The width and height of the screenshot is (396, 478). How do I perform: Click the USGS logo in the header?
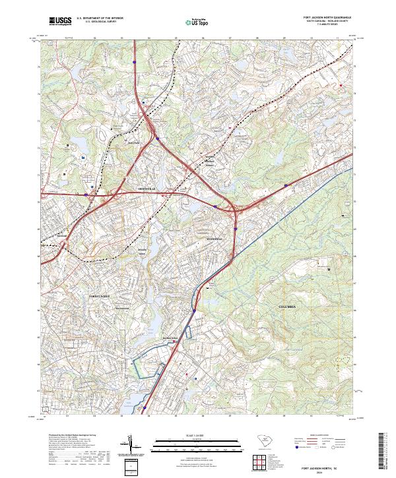click(x=60, y=21)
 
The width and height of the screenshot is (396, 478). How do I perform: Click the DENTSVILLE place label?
click(x=147, y=189)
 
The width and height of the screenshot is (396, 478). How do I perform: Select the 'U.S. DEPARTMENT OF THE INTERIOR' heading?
click(x=100, y=17)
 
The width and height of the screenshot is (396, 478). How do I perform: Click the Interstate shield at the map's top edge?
click(x=134, y=63)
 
